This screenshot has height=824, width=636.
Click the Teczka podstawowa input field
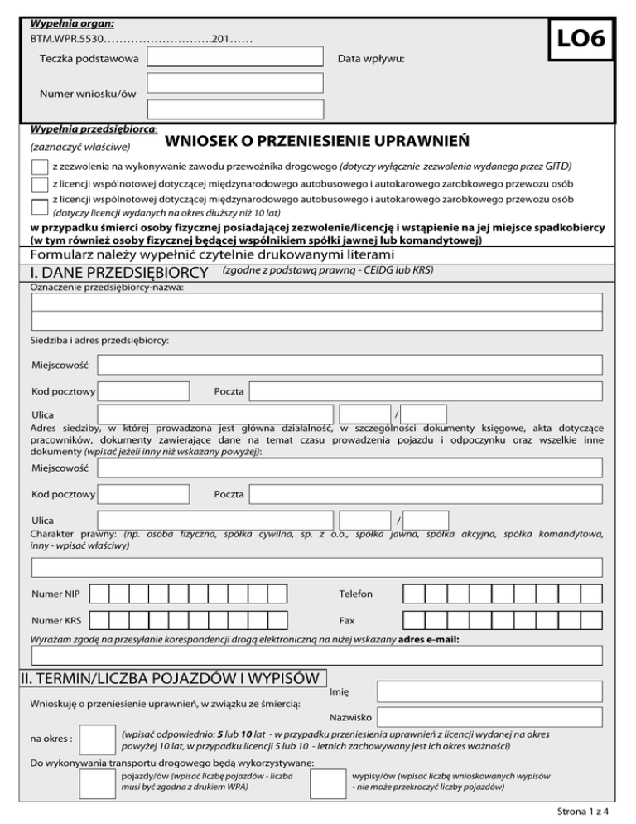click(x=235, y=57)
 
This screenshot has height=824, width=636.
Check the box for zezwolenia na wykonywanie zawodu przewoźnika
click(x=39, y=167)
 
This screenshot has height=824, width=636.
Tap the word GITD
click(x=558, y=166)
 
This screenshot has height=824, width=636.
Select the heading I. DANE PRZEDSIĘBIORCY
click(x=118, y=272)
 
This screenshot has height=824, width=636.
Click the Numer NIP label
click(x=55, y=594)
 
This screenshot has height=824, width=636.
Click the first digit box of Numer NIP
click(x=99, y=594)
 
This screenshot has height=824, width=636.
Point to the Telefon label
click(x=356, y=594)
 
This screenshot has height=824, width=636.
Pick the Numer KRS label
click(x=55, y=620)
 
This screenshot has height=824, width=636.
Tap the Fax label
click(x=347, y=620)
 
